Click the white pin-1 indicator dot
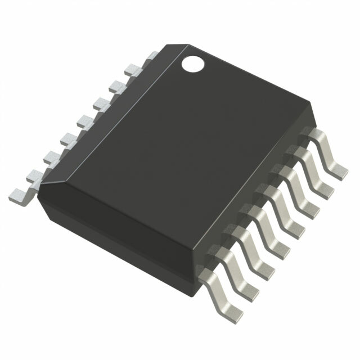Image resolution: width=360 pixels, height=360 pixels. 192,64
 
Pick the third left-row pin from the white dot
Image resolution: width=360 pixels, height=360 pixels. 118,85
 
